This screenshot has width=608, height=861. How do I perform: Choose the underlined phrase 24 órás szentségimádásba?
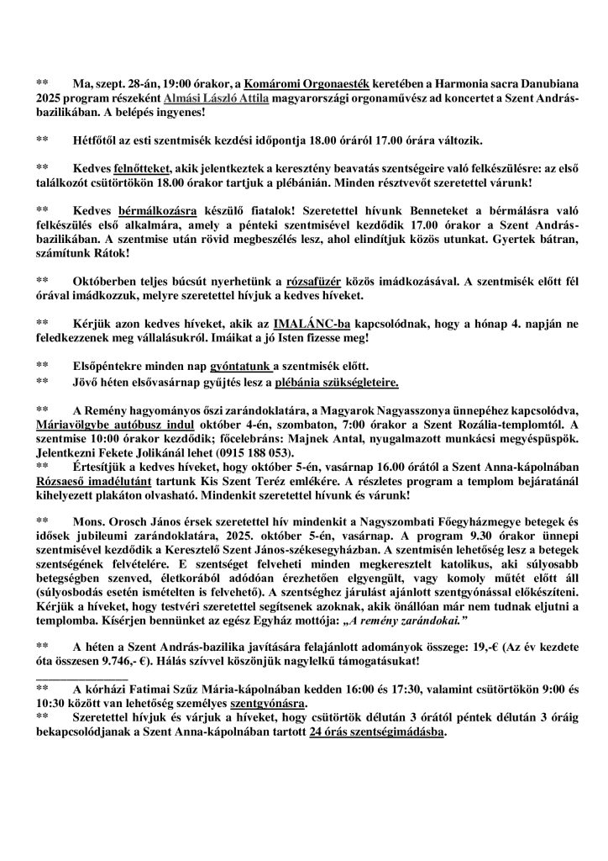point(377,732)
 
